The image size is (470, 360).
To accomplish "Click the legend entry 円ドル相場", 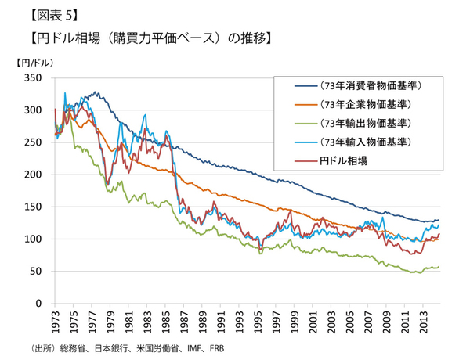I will pos(345,160).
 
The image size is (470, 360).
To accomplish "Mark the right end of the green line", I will pos(438,267).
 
